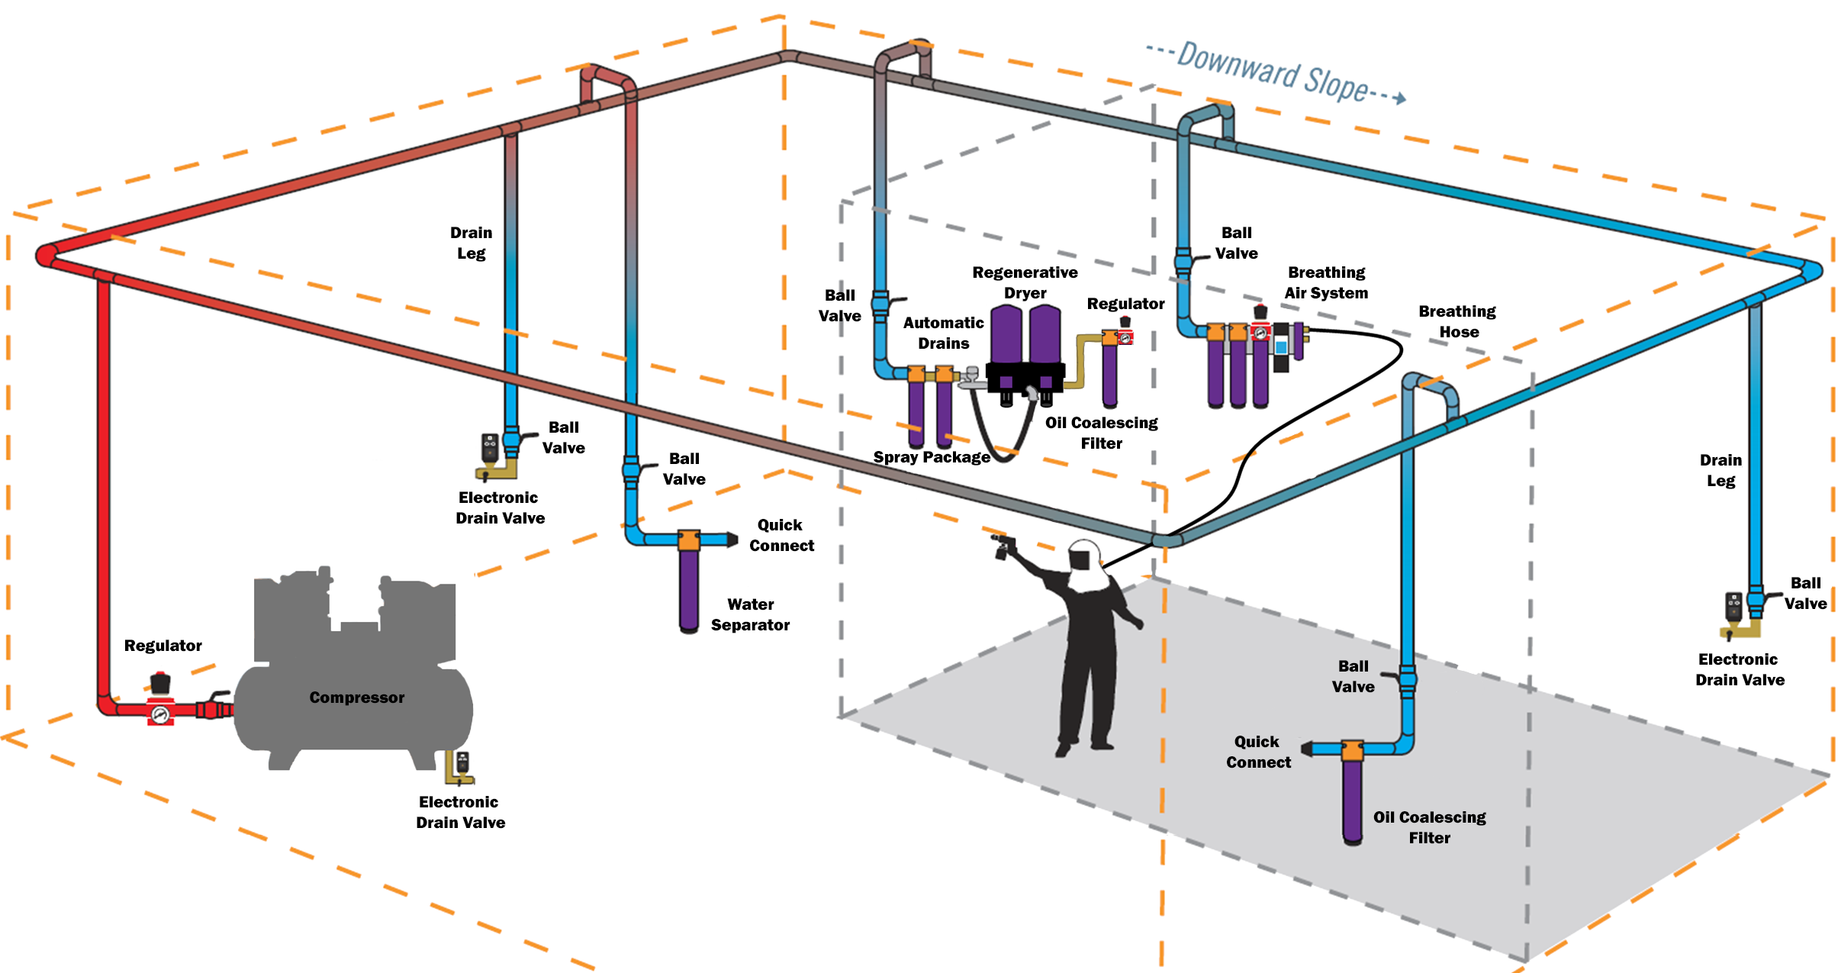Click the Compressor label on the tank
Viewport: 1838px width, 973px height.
coord(356,698)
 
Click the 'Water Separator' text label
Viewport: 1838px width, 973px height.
coord(750,614)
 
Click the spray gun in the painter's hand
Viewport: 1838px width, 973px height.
coord(1003,546)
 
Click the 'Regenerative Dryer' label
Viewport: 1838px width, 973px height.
coord(1025,282)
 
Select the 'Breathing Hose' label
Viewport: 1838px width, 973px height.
coord(1457,321)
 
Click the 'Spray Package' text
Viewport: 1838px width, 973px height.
coord(932,457)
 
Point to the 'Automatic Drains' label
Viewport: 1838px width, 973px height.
coord(943,333)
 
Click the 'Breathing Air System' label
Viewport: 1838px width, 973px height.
coord(1326,282)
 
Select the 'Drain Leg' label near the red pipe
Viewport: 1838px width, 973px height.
coord(471,243)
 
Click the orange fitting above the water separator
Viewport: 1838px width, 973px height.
coord(689,540)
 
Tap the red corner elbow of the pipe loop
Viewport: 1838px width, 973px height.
coord(46,255)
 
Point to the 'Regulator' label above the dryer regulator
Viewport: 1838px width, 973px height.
coord(1125,304)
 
